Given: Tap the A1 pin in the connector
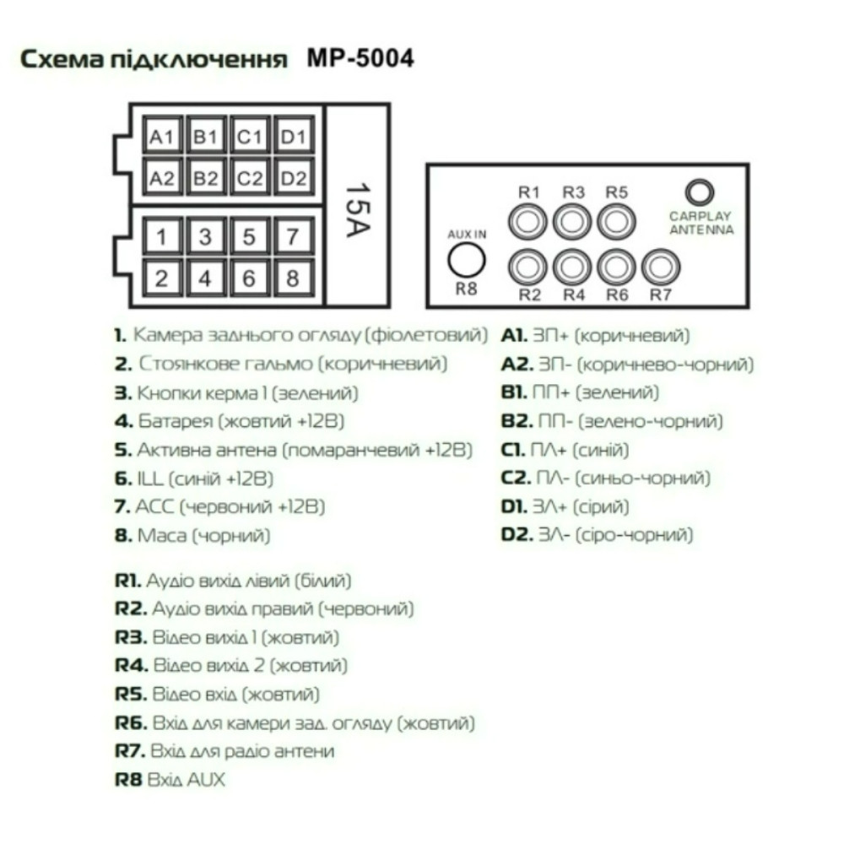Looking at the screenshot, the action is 162,136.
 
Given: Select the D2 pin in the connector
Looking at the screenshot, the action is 294,177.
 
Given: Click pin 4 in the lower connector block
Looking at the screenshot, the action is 205,279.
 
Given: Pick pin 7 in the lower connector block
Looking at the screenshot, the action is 293,236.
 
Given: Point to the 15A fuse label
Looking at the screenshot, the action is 357,210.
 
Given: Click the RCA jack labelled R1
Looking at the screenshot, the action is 527,222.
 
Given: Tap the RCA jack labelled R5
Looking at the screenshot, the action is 616,222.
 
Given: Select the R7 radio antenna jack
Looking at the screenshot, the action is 661,267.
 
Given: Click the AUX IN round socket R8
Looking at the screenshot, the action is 466,261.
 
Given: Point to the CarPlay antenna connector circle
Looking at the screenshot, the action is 699,192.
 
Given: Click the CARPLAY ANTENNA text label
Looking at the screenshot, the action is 701,223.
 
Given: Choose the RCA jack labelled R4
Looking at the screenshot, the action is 572,267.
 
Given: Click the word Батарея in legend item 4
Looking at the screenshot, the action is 176,421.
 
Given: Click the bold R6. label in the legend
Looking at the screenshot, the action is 131,723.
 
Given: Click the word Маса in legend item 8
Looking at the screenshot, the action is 162,536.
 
